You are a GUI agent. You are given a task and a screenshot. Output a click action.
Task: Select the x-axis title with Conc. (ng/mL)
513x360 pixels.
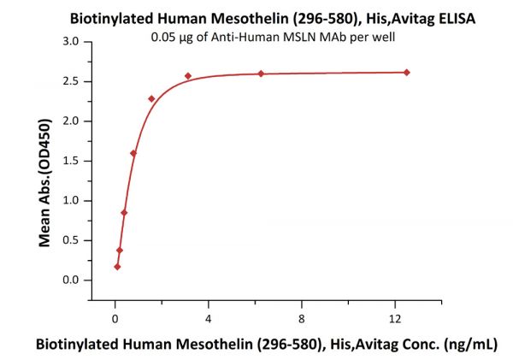tap(266, 343)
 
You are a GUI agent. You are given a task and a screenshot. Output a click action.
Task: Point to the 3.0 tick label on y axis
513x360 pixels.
tap(71, 42)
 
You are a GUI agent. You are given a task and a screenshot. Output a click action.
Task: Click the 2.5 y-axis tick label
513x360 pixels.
tap(71, 81)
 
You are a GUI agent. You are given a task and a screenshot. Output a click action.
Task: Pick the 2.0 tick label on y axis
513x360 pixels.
tap(71, 121)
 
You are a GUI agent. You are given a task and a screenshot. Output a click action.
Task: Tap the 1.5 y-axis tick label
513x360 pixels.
tap(71, 161)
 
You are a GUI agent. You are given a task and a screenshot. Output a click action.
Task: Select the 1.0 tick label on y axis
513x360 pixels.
tap(71, 201)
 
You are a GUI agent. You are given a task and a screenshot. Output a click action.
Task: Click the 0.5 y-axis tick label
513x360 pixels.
tap(71, 240)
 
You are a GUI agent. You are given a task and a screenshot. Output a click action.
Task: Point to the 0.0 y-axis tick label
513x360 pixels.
tap(71, 280)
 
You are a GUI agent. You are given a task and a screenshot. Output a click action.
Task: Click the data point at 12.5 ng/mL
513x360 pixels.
tap(406, 72)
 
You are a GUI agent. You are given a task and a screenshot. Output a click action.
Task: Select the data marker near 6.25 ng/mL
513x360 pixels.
tap(261, 74)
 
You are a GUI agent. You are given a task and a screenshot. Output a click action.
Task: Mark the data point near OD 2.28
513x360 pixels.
tap(151, 98)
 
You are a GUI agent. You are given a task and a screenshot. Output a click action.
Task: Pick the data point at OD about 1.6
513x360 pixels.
tap(133, 153)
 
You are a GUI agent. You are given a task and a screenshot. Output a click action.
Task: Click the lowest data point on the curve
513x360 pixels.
tap(117, 267)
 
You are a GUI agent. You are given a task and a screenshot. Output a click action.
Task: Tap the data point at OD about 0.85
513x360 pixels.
tap(124, 213)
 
